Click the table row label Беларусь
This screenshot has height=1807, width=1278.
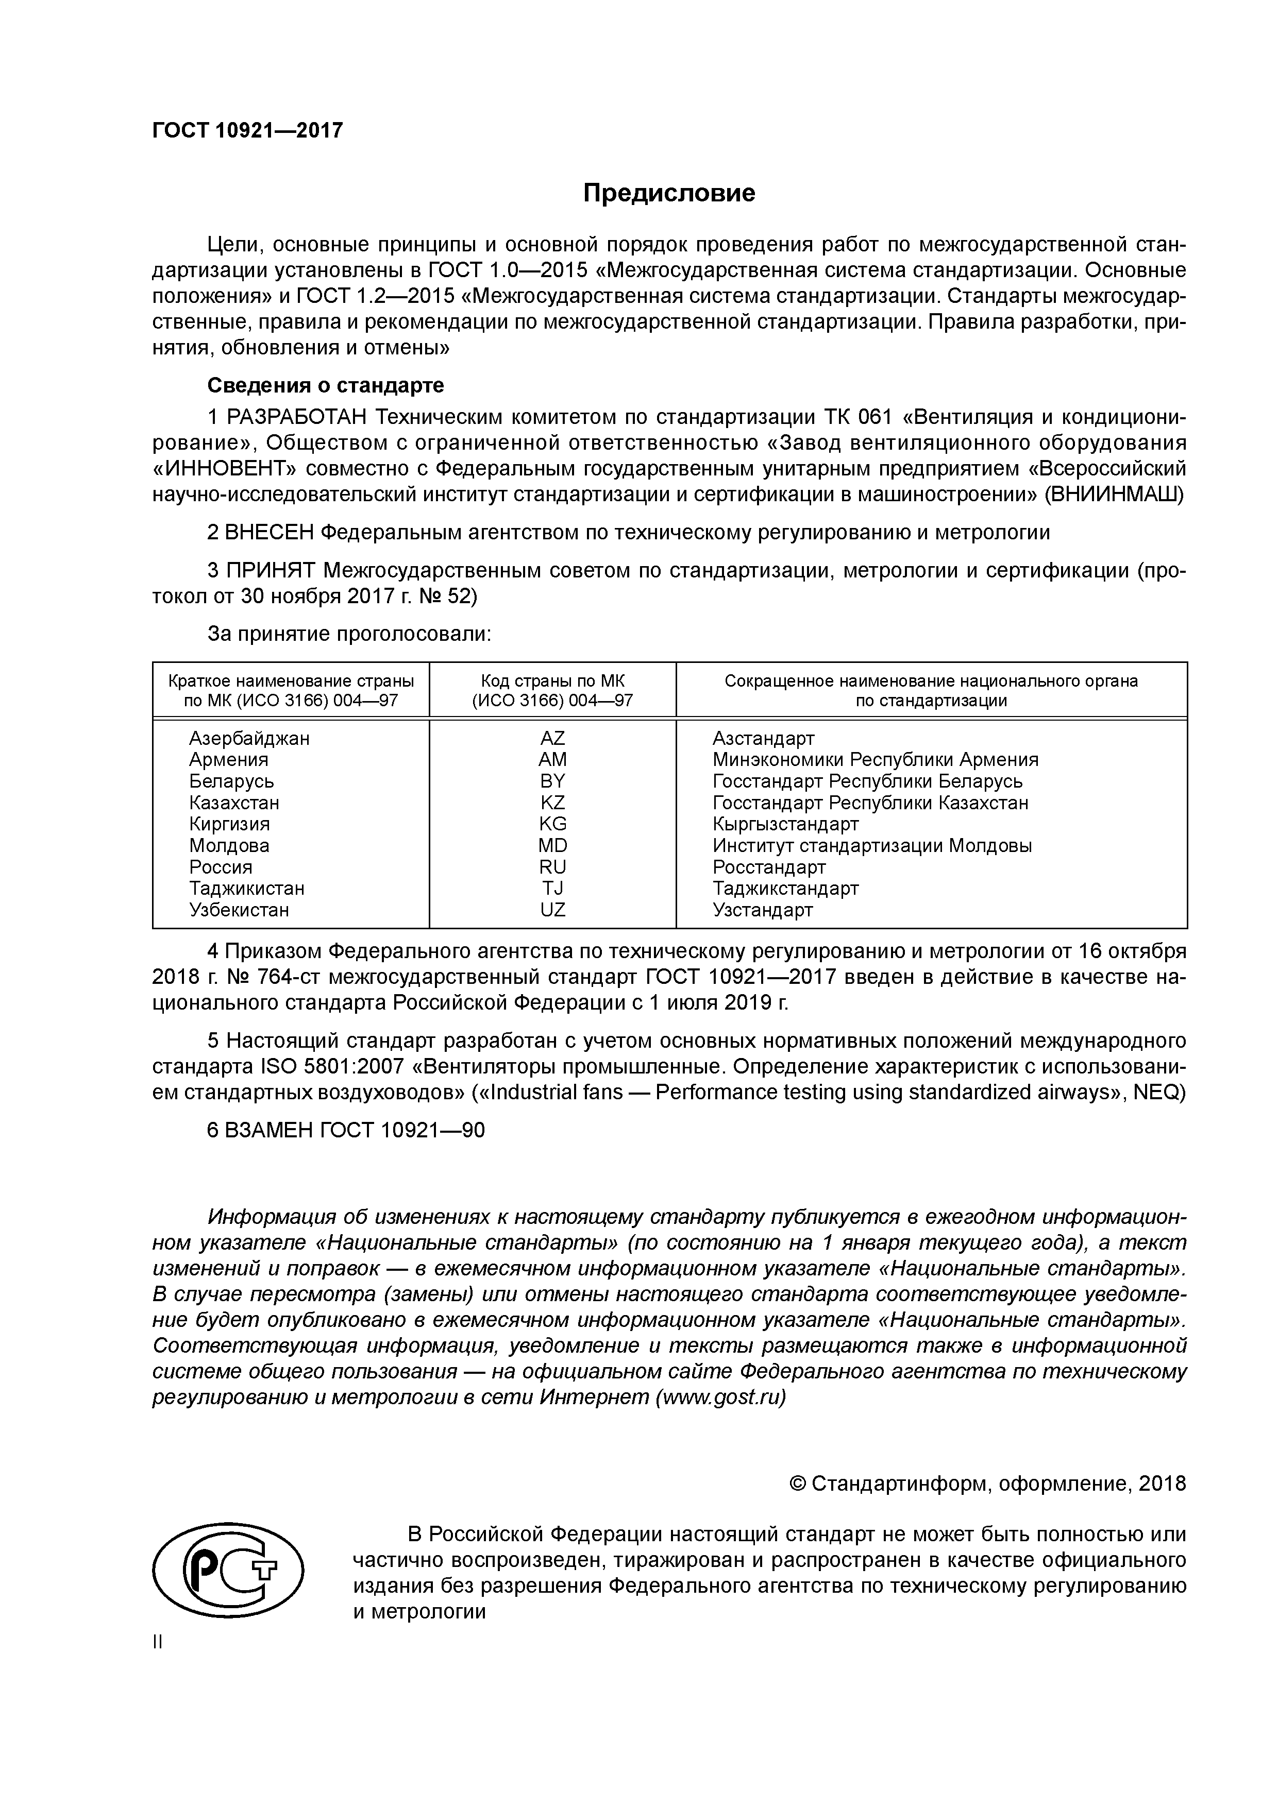click(x=231, y=781)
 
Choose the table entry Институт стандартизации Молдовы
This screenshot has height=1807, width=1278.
click(x=872, y=845)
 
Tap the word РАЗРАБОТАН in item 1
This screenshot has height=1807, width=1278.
click(x=298, y=417)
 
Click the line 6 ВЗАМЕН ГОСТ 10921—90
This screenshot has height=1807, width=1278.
click(x=346, y=1130)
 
